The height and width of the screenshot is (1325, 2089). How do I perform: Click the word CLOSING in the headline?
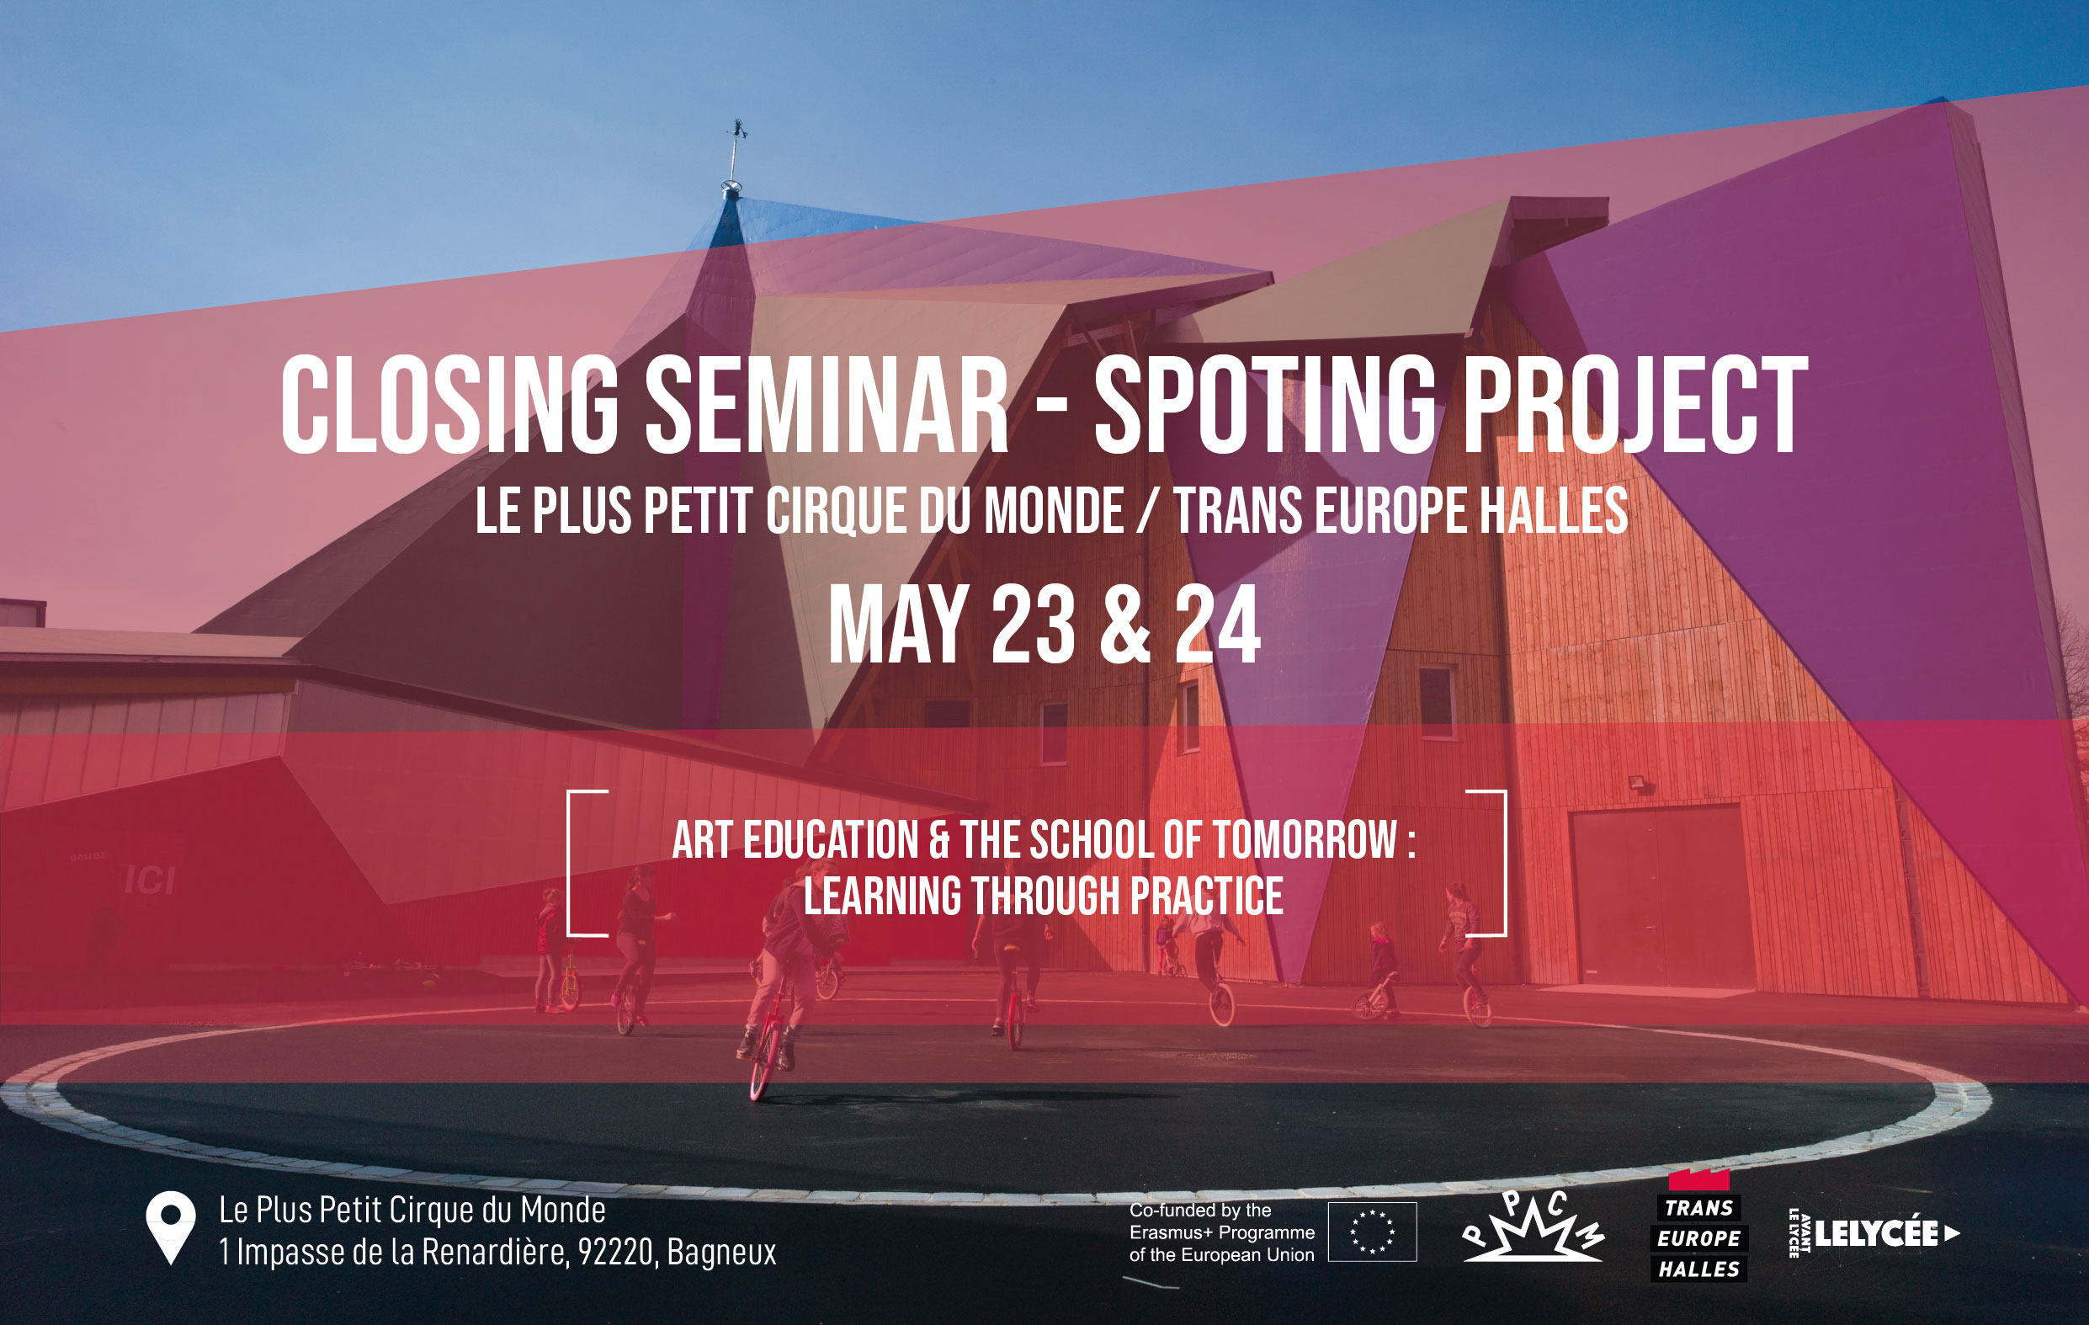point(449,404)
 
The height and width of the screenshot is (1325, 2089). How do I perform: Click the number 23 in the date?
point(1033,624)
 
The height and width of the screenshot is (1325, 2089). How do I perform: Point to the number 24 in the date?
point(1217,624)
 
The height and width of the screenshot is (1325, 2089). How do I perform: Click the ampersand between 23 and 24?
point(1125,624)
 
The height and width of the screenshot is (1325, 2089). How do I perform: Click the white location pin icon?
point(171,1226)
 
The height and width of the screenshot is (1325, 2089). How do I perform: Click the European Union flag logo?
point(1373,1232)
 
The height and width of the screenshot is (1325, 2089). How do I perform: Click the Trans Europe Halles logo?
point(1698,1226)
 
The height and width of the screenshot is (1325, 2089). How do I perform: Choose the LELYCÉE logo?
point(1874,1233)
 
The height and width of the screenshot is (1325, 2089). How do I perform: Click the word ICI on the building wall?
point(150,880)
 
